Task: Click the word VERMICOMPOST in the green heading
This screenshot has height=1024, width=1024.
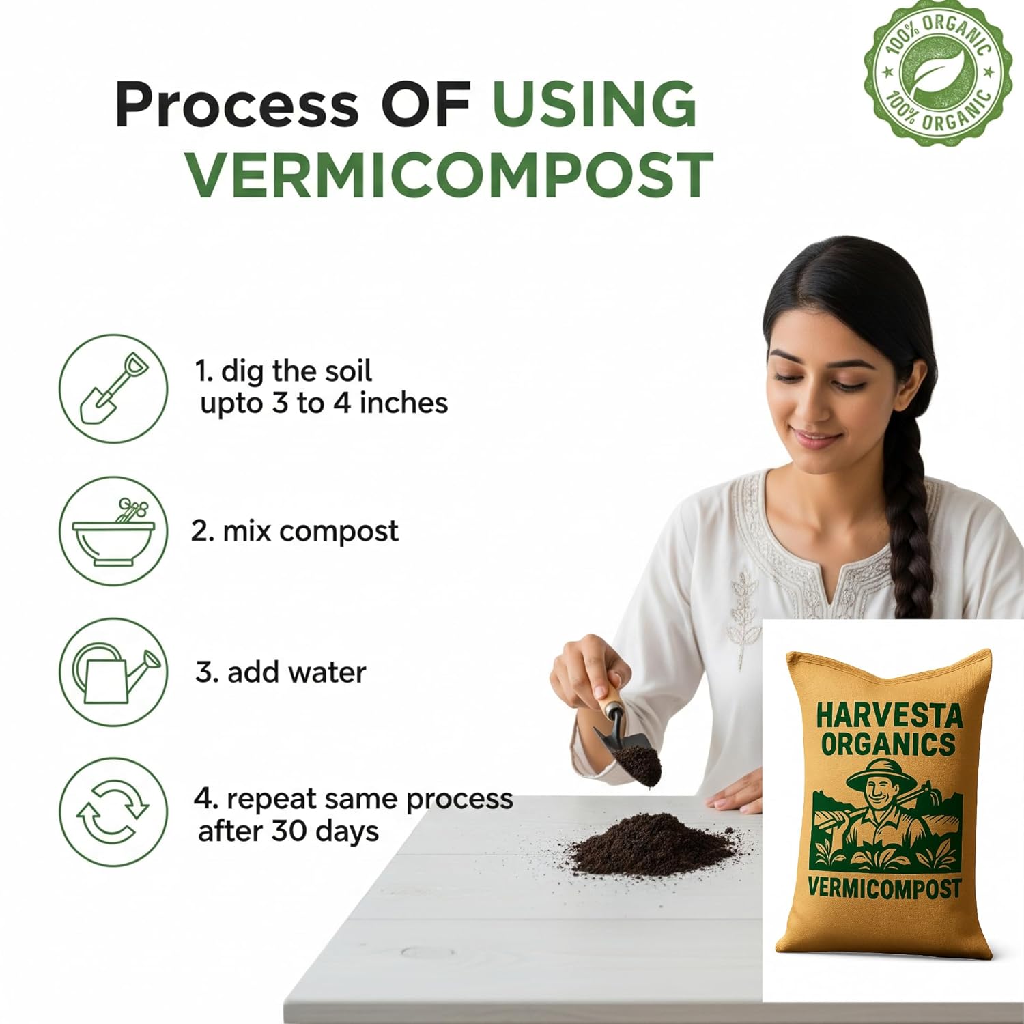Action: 451,175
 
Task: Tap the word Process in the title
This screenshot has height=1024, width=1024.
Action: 236,104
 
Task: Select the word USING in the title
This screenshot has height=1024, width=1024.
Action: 595,104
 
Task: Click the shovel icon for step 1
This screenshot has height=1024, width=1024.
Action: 113,388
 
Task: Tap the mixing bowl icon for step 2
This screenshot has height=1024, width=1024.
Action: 113,530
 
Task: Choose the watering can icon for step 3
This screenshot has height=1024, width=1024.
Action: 113,672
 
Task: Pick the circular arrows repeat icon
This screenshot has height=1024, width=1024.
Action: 113,812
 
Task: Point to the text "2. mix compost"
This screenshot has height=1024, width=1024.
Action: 294,530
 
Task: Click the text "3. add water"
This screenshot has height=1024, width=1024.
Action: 281,672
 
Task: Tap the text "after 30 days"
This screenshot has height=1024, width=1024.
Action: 288,831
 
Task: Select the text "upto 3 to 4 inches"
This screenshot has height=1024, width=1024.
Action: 324,403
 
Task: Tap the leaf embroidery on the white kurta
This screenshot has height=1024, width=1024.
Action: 741,614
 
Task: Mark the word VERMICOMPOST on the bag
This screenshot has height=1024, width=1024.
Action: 885,887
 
